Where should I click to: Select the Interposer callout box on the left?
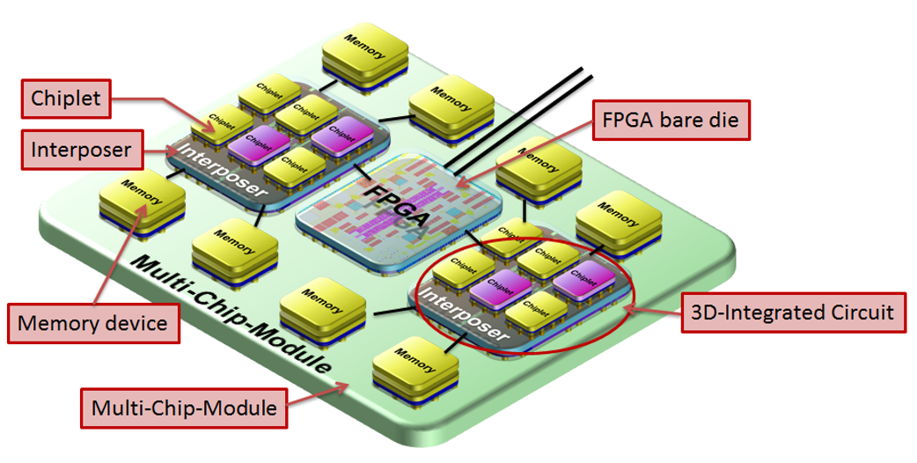point(80,149)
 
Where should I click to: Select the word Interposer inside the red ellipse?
point(461,312)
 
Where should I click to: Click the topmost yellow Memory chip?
point(364,53)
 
